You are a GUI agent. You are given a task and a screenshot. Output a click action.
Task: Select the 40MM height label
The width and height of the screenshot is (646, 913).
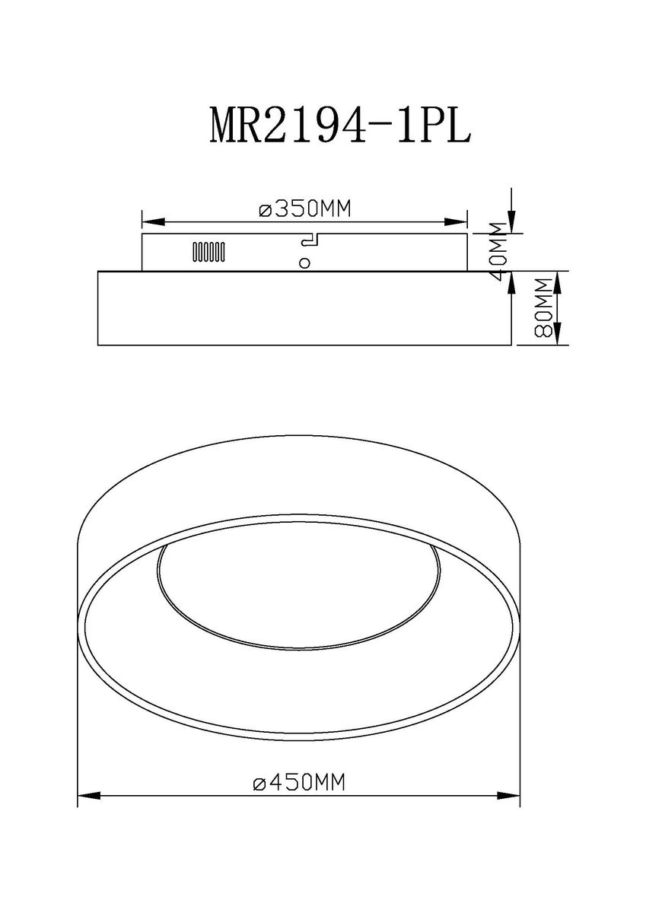[x=498, y=253]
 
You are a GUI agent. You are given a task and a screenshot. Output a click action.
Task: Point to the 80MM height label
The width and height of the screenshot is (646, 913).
[x=543, y=307]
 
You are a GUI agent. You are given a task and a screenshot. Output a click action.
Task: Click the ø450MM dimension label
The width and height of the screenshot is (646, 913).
[x=298, y=782]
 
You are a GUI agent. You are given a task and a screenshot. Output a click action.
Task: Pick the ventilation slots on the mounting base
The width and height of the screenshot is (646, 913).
[x=208, y=252]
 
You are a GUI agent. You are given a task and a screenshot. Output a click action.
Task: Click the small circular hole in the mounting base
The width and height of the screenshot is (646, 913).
[x=304, y=263]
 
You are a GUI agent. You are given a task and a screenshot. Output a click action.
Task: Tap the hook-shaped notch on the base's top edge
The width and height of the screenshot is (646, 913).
[x=310, y=240]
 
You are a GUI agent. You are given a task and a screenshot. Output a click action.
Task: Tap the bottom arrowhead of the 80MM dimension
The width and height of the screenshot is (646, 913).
[x=558, y=334]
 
